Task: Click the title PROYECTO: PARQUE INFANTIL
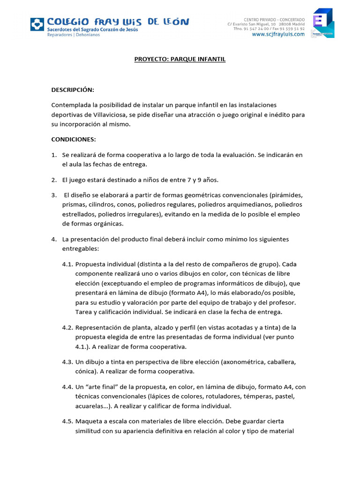pos(180,60)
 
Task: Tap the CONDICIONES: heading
pos(74,139)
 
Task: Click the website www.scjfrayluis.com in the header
pos(278,34)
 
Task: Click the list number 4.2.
pos(67,327)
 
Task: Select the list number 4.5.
pos(67,421)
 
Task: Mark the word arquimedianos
pos(247,205)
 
